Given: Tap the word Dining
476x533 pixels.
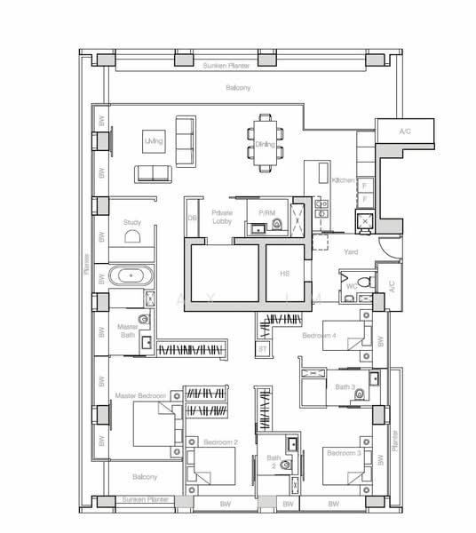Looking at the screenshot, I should pos(265,144).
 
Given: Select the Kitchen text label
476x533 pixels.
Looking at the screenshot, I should pos(343,180).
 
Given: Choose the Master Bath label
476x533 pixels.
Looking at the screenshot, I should pos(130,330).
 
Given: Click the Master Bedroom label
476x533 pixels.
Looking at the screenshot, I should pos(139,394).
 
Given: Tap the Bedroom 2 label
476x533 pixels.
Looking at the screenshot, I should pos(220,442).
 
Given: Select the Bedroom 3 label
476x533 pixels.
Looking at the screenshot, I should pos(343,453).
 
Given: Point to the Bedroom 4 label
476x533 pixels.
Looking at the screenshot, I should pos(320,335).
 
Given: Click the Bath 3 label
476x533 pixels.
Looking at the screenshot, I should pos(345,386).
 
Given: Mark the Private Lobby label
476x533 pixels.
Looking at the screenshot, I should pos(221,217).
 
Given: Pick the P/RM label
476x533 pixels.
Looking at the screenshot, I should pos(266,213).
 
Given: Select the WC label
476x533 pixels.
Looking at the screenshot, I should pos(352,285).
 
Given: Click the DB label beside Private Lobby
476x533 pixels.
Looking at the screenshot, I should pos(191,218).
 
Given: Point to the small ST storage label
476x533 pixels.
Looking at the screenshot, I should pos(263,351).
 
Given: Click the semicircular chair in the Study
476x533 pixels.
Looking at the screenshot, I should pos(132,237).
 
